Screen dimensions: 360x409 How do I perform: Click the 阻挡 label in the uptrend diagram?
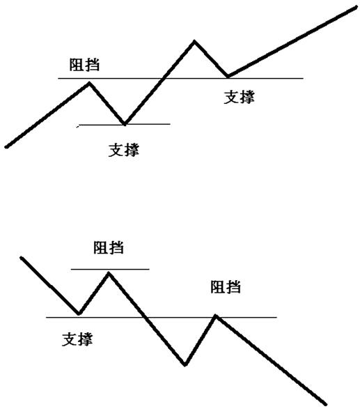coord(84,65)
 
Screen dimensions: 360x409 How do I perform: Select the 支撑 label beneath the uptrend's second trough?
coord(240,98)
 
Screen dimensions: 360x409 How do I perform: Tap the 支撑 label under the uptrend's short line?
coord(124,150)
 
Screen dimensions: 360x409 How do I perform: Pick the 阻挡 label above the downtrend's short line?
coord(109,247)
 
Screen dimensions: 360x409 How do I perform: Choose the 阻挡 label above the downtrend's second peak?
coord(226,287)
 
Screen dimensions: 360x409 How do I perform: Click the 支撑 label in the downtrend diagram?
coord(77,339)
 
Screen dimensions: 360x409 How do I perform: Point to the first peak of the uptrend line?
coord(89,83)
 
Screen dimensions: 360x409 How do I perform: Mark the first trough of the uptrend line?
coord(125,123)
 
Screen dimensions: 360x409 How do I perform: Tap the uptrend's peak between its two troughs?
coord(194,41)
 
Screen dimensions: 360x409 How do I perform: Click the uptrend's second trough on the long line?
coord(228,77)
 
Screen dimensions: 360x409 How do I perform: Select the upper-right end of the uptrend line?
coord(356,7)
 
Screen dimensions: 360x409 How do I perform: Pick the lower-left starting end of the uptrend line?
coord(6,147)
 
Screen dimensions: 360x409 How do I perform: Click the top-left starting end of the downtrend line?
coord(22,258)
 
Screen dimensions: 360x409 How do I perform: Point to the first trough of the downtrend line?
coord(79,314)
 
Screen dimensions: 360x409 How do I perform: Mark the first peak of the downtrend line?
coord(109,273)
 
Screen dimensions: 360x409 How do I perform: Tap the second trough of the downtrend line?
coord(185,364)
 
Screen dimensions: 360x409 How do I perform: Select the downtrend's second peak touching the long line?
coord(216,316)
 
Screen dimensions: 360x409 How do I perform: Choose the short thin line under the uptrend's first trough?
coord(125,125)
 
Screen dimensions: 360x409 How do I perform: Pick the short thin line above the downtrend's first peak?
coord(110,269)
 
